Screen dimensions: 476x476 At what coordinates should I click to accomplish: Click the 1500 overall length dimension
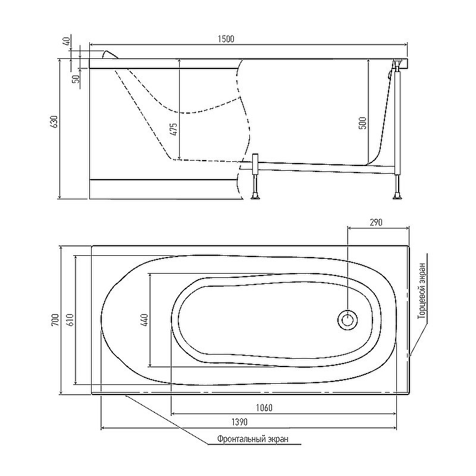point(226,39)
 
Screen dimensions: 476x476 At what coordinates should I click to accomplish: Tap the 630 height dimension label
point(54,121)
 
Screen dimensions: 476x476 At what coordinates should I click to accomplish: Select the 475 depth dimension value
point(173,129)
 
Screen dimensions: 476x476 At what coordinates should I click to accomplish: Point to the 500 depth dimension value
point(363,123)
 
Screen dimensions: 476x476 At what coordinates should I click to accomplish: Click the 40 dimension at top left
point(67,40)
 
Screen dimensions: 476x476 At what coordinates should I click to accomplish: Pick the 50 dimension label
point(76,79)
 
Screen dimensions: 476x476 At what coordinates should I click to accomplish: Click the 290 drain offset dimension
point(376,223)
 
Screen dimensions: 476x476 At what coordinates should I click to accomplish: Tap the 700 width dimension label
point(55,320)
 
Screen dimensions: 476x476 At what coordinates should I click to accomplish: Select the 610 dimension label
point(70,320)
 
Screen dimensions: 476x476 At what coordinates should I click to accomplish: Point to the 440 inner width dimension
point(144,320)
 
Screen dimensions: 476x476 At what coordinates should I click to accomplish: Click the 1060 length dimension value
point(264,408)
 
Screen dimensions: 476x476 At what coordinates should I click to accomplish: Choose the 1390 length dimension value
point(240,422)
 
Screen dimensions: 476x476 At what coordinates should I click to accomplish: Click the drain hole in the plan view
point(347,320)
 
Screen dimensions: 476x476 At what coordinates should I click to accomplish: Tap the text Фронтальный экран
point(253,439)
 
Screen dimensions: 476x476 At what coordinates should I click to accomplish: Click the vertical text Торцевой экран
point(422,290)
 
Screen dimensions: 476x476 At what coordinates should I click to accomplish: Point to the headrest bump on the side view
point(109,55)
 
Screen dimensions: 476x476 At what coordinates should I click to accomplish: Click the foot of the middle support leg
point(255,197)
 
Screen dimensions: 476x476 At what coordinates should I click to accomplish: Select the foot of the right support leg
point(397,197)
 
